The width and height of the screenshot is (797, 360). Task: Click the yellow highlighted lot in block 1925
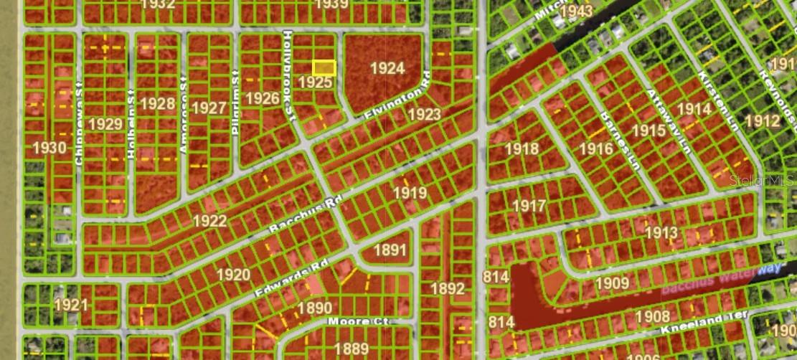pyautogui.click(x=324, y=67)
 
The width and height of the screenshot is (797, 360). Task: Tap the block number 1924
pyautogui.click(x=387, y=69)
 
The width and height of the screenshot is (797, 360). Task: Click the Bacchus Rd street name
pyautogui.click(x=302, y=214)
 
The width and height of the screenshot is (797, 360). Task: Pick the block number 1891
pyautogui.click(x=390, y=250)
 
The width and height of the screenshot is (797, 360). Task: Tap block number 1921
pyautogui.click(x=70, y=304)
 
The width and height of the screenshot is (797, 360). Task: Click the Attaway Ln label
pyautogui.click(x=666, y=122)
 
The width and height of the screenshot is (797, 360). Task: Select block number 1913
pyautogui.click(x=661, y=233)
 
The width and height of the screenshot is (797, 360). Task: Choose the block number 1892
pyautogui.click(x=448, y=289)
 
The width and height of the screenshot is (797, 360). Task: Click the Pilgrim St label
pyautogui.click(x=235, y=94)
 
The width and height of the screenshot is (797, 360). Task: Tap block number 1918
pyautogui.click(x=522, y=148)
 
